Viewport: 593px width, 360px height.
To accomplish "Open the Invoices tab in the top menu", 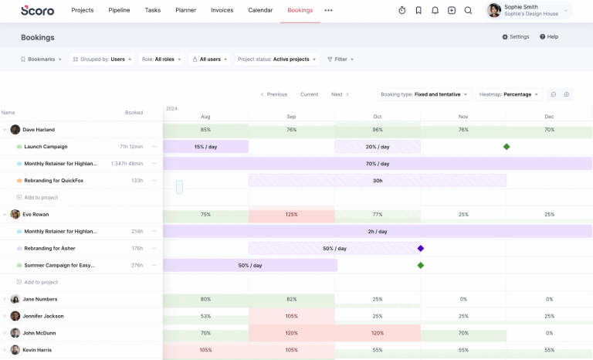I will pyautogui.click(x=222, y=10).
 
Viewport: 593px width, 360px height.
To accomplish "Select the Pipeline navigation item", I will pyautogui.click(x=119, y=10).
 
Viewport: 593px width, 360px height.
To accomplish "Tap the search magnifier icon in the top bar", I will pyautogui.click(x=468, y=11).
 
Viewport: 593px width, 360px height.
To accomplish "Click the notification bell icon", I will pyautogui.click(x=435, y=11).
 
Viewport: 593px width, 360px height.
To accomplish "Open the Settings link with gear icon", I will pyautogui.click(x=516, y=36).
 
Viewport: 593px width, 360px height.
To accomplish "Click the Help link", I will pyautogui.click(x=549, y=36).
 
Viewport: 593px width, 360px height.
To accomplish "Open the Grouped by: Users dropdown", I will pyautogui.click(x=103, y=59).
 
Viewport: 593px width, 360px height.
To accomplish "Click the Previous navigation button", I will pyautogui.click(x=274, y=94).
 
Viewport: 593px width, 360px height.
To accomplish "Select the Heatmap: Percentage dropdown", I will pyautogui.click(x=509, y=94).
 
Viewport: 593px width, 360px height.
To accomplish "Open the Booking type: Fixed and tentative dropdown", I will pyautogui.click(x=425, y=94).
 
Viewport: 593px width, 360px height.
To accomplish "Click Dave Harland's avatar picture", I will pyautogui.click(x=15, y=130).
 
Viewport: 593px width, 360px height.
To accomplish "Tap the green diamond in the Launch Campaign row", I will pyautogui.click(x=507, y=147).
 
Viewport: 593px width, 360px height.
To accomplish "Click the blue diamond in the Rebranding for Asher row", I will pyautogui.click(x=421, y=248).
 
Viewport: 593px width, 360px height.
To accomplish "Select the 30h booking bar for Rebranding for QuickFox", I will pyautogui.click(x=378, y=181).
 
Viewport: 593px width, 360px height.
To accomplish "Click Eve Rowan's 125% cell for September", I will pyautogui.click(x=291, y=215).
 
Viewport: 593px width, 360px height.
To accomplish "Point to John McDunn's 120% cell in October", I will pyautogui.click(x=378, y=333).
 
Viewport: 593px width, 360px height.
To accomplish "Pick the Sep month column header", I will pyautogui.click(x=291, y=117).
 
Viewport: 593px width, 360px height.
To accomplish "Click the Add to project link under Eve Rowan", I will pyautogui.click(x=40, y=282).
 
